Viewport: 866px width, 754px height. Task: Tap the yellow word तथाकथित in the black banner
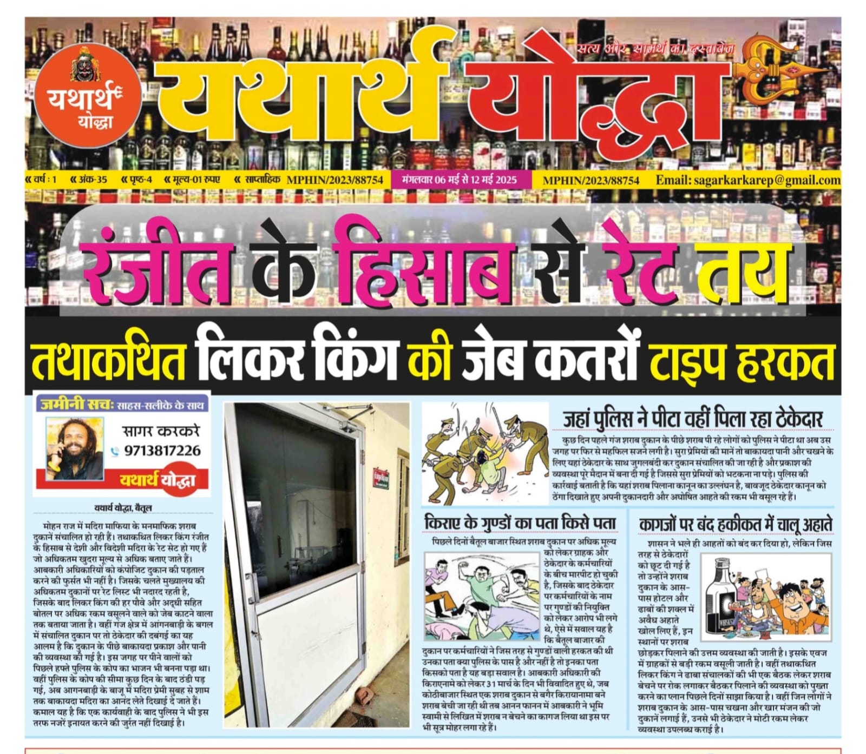pyautogui.click(x=109, y=360)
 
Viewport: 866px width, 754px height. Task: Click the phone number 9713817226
pyautogui.click(x=162, y=451)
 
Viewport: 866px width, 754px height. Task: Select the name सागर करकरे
pyautogui.click(x=161, y=431)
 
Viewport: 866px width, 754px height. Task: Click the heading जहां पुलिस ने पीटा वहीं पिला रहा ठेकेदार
pyautogui.click(x=693, y=419)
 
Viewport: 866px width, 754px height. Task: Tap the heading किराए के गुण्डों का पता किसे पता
pyautogui.click(x=520, y=524)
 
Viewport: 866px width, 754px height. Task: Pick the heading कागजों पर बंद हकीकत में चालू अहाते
pyautogui.click(x=735, y=524)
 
